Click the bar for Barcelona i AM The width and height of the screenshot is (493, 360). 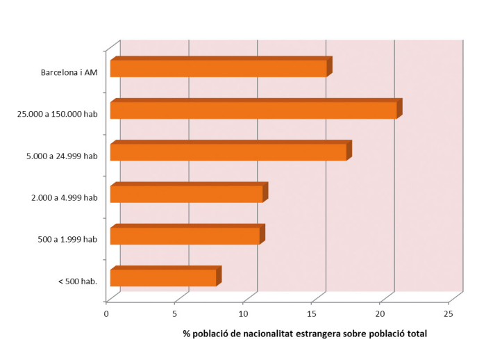[218, 68]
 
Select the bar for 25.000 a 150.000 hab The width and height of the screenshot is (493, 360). [253, 110]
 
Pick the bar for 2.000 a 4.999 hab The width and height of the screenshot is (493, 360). [186, 194]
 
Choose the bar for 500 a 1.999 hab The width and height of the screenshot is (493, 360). [185, 236]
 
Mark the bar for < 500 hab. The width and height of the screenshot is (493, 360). [163, 277]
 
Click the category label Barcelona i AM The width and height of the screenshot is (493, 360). [69, 72]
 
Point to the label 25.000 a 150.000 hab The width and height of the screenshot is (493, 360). [57, 114]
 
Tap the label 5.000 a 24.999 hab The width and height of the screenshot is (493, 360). [61, 156]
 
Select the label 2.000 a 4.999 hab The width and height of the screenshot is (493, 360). [64, 197]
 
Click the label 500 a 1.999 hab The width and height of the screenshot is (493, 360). [67, 239]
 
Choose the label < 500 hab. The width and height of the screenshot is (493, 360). [78, 281]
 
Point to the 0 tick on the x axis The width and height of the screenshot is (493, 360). [106, 313]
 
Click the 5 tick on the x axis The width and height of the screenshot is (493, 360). [175, 313]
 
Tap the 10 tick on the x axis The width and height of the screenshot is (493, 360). [244, 313]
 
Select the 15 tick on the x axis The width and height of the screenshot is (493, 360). [312, 313]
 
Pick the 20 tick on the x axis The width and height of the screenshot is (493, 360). [381, 313]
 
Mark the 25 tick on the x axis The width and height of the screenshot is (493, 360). [449, 313]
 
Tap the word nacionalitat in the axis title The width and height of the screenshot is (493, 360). [269, 334]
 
